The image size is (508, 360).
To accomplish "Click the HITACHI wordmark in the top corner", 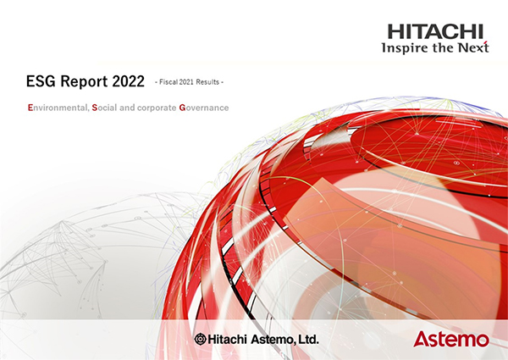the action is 435,31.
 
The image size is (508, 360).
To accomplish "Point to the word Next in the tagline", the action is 473,47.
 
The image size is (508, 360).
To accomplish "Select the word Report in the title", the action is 84,81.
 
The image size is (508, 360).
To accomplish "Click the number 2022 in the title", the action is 129,81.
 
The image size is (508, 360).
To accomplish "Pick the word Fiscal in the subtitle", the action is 168,82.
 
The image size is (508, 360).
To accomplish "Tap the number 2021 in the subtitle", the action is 186,82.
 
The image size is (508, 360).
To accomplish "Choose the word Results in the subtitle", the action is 207,82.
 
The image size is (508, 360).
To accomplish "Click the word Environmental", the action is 58,108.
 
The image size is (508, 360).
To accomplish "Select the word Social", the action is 104,108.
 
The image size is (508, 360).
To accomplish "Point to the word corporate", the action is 157,108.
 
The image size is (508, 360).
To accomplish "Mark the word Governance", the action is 204,108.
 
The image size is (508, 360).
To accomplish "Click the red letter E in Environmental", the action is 30,108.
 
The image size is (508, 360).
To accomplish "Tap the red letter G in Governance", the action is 182,108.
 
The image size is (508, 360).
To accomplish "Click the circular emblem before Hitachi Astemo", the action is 200,339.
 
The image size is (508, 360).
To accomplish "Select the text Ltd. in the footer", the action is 308,340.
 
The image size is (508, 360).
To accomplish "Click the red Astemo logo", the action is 451,339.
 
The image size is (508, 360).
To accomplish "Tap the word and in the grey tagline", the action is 127,108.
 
